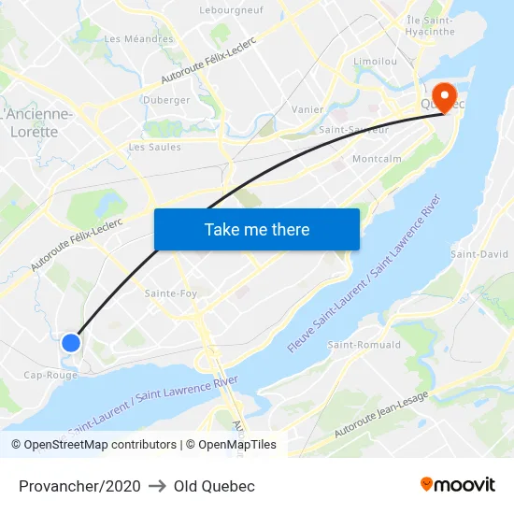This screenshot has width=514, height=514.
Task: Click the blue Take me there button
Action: pos(257,229)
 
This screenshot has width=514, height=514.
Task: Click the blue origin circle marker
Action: pos(71,343)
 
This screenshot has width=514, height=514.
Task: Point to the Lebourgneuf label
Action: pos(231,10)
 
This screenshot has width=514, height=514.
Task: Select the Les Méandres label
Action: pos(138,39)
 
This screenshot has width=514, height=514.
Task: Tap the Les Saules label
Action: pos(154,147)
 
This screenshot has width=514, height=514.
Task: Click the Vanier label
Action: pos(307,109)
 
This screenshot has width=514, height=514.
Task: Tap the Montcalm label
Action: pos(377,159)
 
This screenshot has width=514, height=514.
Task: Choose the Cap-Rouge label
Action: pos(50,375)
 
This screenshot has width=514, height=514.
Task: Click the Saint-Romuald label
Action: pos(364,345)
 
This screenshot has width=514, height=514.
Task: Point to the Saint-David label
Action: pos(479,254)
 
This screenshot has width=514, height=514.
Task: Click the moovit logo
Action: pos(458,485)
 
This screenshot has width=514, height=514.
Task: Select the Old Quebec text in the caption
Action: pos(214,486)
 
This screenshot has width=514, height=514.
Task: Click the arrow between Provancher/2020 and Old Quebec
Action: pos(157,486)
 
